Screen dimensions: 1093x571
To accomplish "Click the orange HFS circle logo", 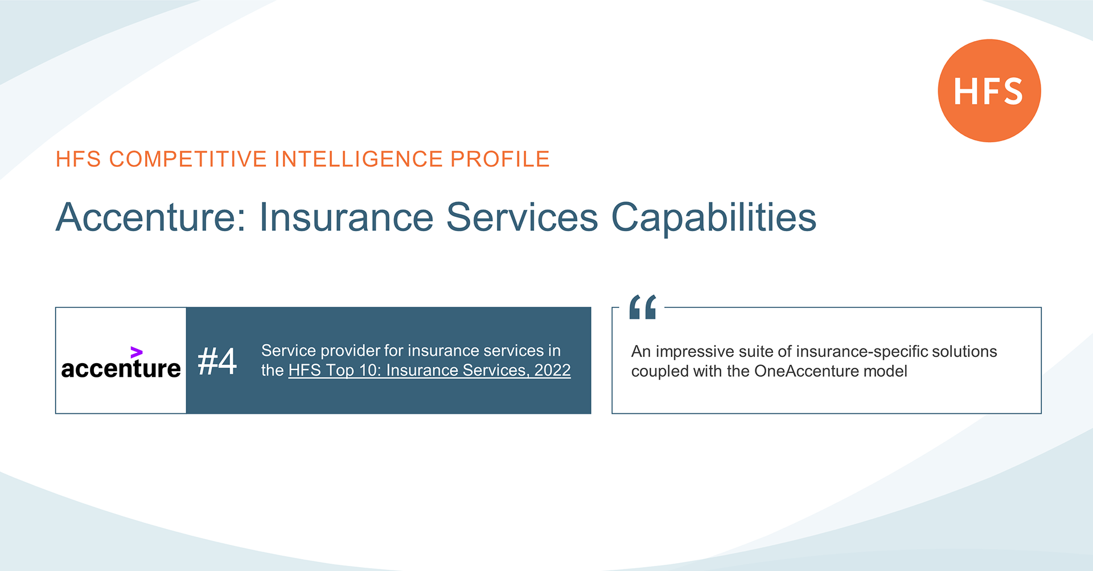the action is pyautogui.click(x=989, y=91).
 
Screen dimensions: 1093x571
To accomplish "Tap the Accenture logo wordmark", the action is pyautogui.click(x=121, y=368).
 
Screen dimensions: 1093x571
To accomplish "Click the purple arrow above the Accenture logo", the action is pyautogui.click(x=136, y=352).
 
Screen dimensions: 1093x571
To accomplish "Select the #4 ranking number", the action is pyautogui.click(x=217, y=361).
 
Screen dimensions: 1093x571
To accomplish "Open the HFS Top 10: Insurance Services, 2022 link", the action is pyautogui.click(x=429, y=370).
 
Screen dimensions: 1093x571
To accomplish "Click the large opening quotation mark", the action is pyautogui.click(x=643, y=307).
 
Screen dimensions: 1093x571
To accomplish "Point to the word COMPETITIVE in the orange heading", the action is pyautogui.click(x=188, y=159).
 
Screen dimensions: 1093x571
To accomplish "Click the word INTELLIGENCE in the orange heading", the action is pyautogui.click(x=359, y=159).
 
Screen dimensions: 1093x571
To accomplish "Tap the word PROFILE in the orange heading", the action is pyautogui.click(x=500, y=159).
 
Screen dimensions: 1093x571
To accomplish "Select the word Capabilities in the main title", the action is pyautogui.click(x=714, y=218).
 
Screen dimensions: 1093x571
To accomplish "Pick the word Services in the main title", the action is pyautogui.click(x=522, y=217).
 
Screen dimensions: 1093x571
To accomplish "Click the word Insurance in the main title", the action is pyautogui.click(x=346, y=217).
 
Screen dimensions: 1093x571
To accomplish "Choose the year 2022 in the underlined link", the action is pyautogui.click(x=552, y=370).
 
